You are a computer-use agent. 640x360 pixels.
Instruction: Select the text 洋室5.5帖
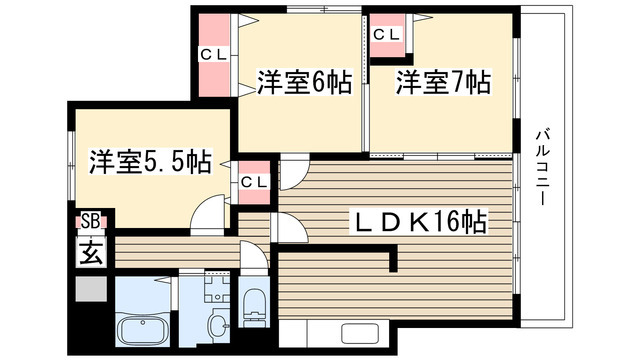click(149, 160)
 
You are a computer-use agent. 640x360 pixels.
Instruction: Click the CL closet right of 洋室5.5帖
click(254, 181)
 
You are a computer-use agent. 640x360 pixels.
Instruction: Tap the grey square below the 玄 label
click(90, 289)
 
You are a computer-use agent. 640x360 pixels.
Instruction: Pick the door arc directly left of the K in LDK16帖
click(290, 230)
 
